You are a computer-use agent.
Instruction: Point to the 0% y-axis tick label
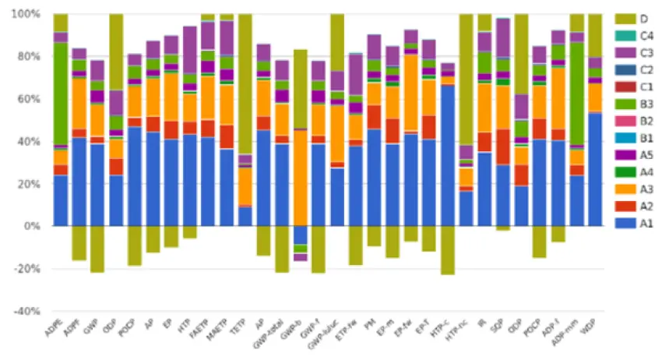click(34, 226)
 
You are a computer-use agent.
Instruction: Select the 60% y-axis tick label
click(31, 99)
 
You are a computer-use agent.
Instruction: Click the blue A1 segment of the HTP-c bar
click(447, 156)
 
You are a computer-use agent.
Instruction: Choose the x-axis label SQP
click(499, 325)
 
